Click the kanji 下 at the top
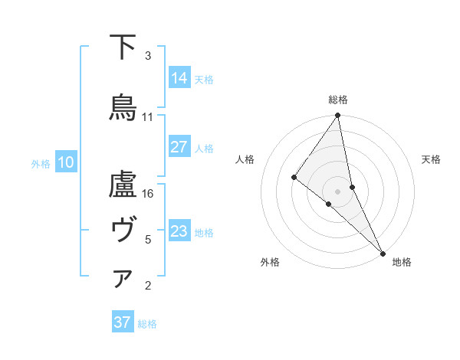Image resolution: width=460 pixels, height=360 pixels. [x=123, y=47]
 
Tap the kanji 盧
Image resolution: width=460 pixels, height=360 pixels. [x=123, y=188]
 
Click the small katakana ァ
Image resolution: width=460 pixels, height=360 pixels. [x=123, y=280]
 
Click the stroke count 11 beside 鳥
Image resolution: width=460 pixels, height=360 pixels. [x=148, y=117]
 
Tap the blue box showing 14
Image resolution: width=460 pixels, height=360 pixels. [x=179, y=78]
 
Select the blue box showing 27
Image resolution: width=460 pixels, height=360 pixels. [x=179, y=147]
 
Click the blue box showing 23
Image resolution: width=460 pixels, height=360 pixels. [x=179, y=231]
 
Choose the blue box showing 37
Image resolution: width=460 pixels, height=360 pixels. [x=123, y=322]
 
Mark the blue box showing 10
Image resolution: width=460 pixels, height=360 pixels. [x=66, y=162]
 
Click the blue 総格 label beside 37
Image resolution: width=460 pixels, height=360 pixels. [x=147, y=324]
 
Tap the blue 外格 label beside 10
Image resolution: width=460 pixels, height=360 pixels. [x=41, y=163]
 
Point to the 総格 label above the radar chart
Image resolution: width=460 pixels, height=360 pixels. [x=338, y=100]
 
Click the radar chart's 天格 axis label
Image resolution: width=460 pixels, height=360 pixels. [x=431, y=159]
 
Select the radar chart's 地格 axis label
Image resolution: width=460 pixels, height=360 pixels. [x=402, y=262]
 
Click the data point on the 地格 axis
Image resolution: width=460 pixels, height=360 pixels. [x=383, y=252]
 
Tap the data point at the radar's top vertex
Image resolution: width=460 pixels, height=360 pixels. [x=338, y=116]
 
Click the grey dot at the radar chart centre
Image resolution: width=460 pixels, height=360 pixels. [x=338, y=191]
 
